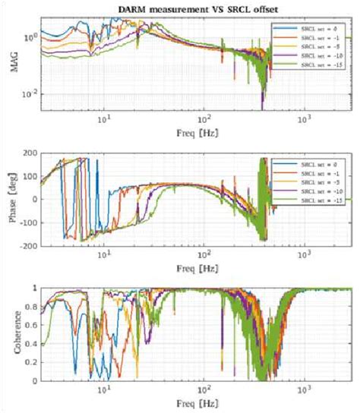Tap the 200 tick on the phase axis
[30, 153]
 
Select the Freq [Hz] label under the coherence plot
[197, 402]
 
